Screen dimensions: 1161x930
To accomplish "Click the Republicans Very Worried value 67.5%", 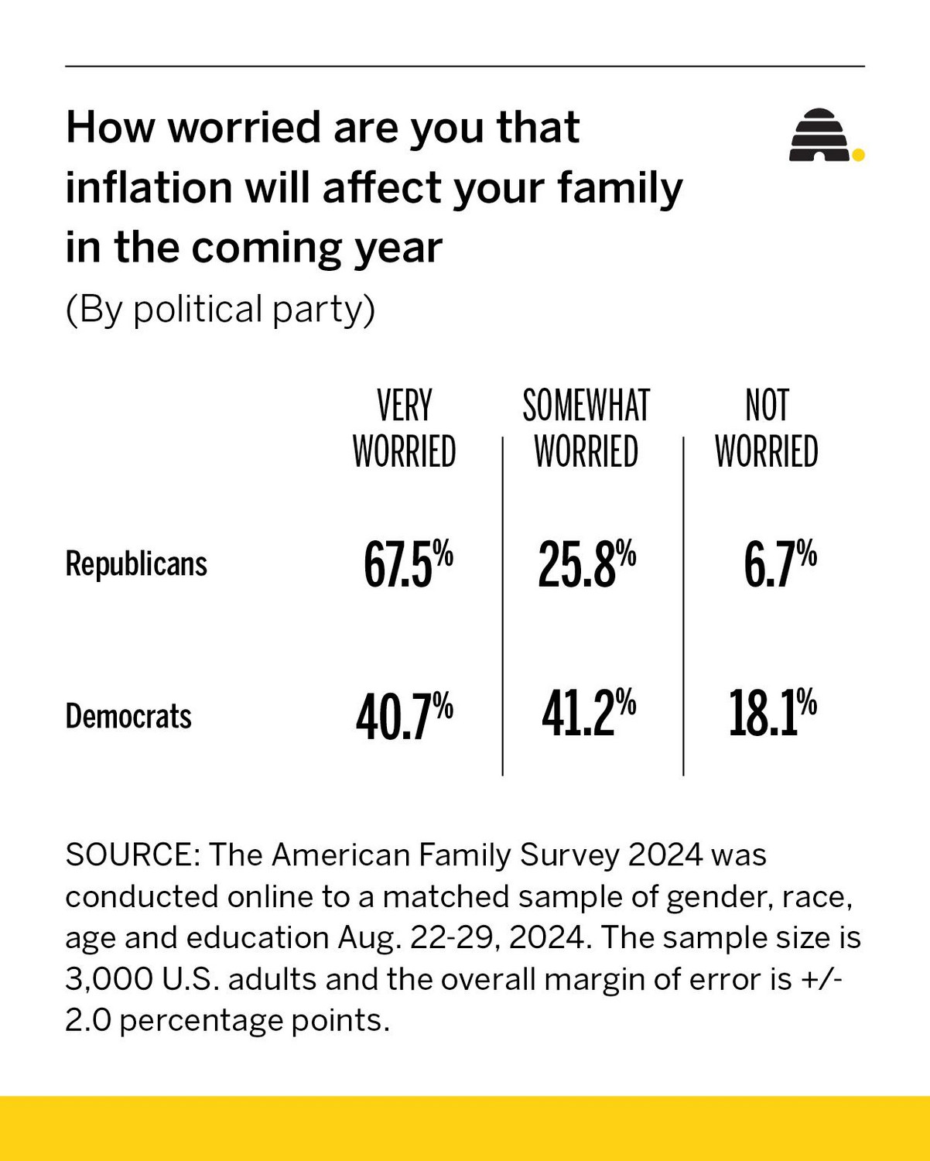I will tap(408, 564).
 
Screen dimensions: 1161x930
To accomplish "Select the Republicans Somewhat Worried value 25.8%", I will tap(586, 564).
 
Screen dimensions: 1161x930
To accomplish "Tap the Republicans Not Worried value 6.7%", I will tap(779, 564).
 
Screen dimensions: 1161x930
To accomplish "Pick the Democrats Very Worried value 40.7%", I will tap(404, 716).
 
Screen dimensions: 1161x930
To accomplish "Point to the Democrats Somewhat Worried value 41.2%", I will tap(588, 714).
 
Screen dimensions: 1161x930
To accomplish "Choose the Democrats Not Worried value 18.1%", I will tap(772, 714).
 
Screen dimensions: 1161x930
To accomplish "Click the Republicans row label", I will tap(136, 563).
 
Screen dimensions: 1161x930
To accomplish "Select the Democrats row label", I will tap(128, 716).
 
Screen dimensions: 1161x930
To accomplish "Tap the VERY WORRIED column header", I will tap(404, 429).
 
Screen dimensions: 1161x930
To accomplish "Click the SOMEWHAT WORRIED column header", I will tap(586, 429).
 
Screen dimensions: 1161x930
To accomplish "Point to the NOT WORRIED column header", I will tap(766, 429).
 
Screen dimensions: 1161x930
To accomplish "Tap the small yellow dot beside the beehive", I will tap(857, 156).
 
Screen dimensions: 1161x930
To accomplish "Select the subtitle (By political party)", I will tap(220, 310).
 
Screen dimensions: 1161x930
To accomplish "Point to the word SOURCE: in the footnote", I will tap(133, 855).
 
